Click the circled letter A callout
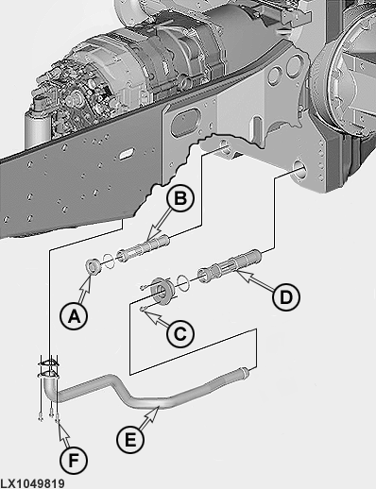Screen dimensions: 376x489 coord(74,316)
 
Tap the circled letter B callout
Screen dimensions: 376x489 coord(180,199)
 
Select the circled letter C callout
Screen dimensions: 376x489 coord(180,333)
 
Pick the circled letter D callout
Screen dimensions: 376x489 coord(286,297)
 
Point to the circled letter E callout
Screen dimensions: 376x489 coord(130,439)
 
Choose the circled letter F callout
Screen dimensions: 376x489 coord(74,461)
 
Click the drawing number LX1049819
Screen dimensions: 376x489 coord(32,483)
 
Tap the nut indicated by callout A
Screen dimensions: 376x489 coord(94,265)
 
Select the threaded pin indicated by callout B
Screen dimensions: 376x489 coord(144,248)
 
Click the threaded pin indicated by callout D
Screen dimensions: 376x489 coord(230,265)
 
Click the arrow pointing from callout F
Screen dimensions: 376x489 coord(64,434)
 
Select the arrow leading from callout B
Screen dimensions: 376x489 coord(160,224)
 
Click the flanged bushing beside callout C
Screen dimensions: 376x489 coord(162,291)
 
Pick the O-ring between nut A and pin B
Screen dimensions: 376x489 coord(108,261)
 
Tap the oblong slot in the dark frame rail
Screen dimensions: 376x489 coord(125,155)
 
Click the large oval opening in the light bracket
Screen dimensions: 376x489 coord(184,123)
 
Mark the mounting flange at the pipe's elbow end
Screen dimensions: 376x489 coord(48,369)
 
